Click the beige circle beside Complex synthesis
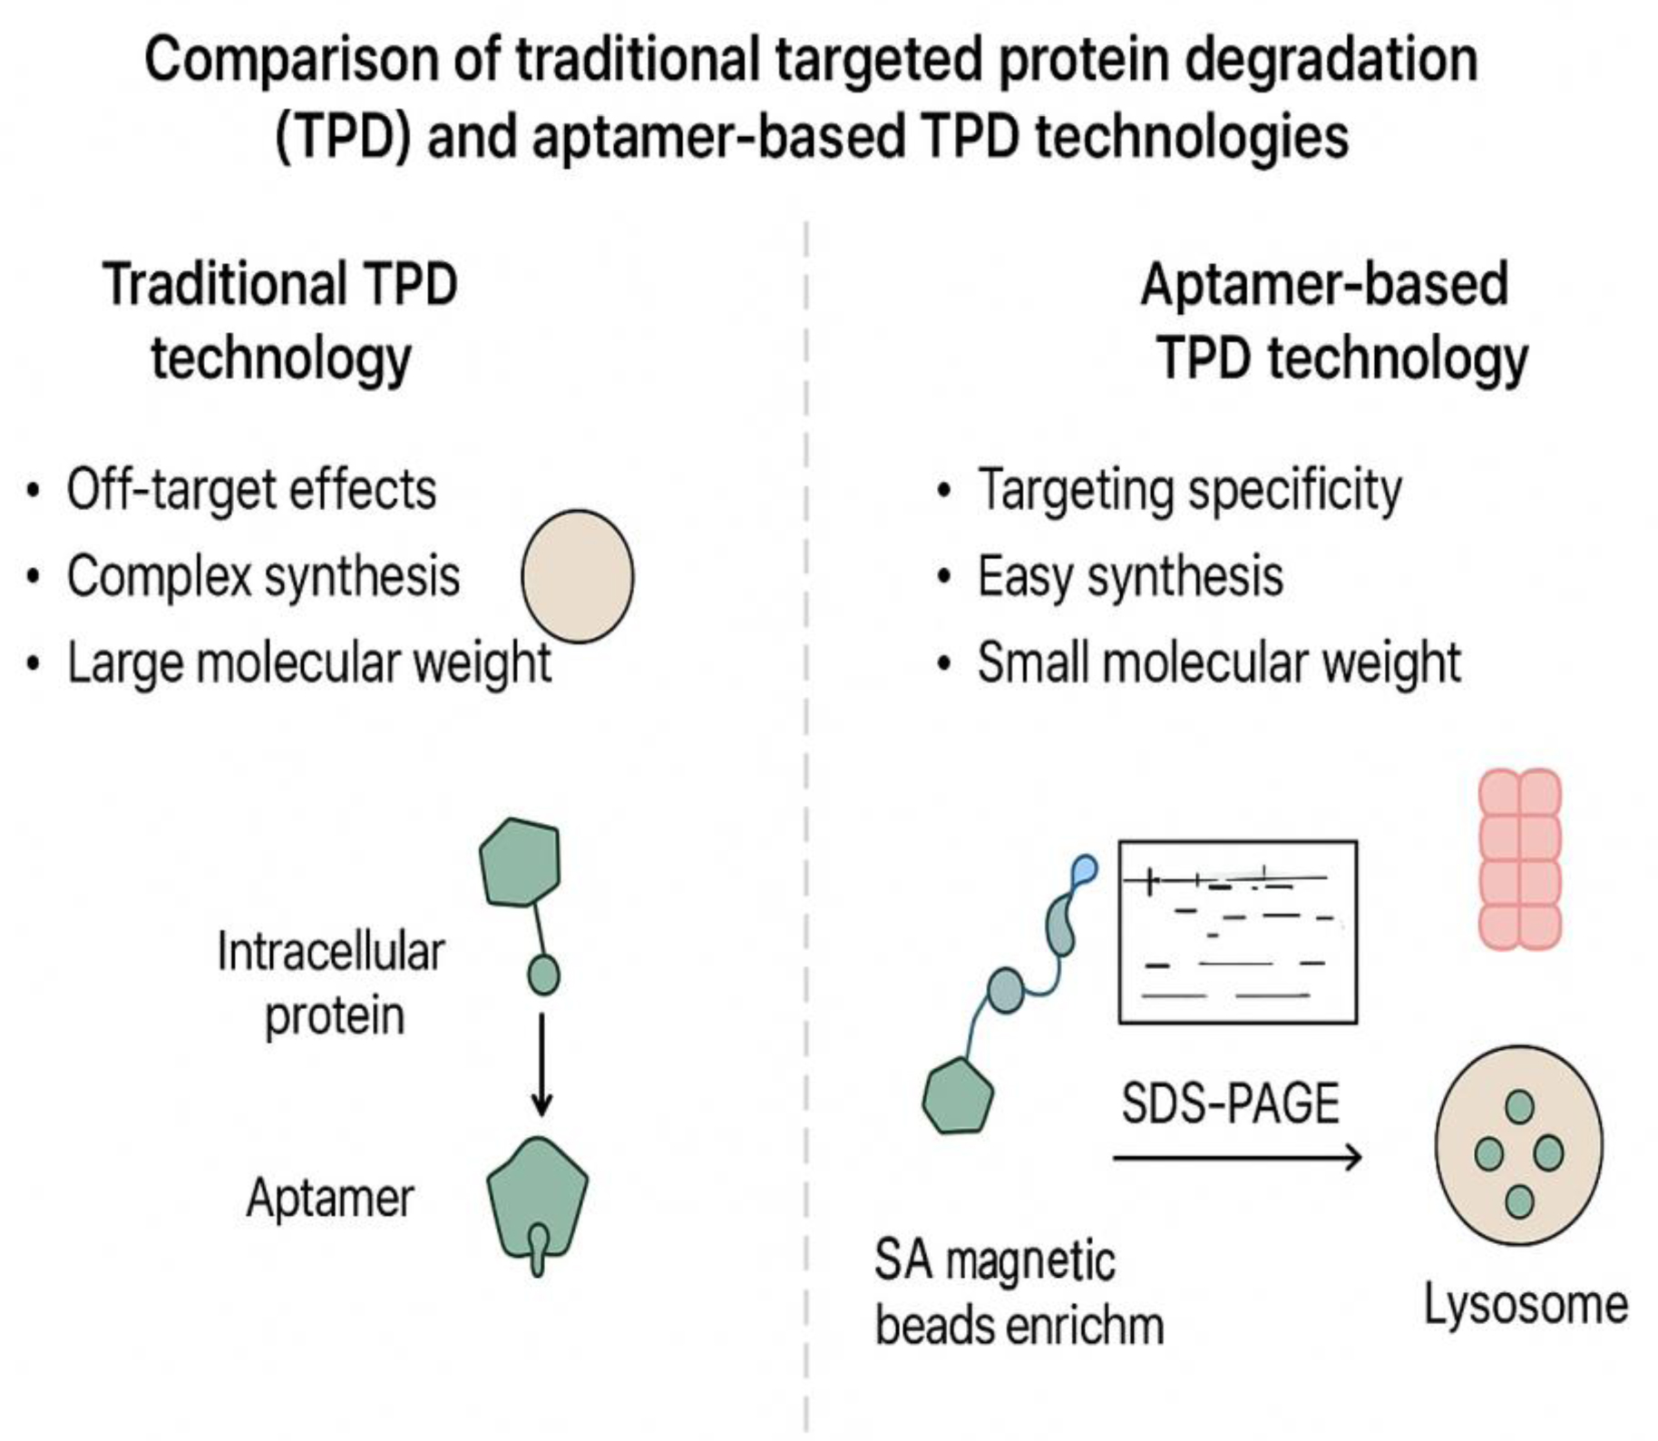click(578, 576)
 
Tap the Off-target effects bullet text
click(251, 490)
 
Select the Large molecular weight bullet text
click(309, 662)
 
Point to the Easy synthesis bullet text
click(1130, 577)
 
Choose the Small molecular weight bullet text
click(1219, 662)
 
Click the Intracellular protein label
click(332, 984)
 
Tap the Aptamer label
click(330, 1198)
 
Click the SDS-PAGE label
click(1230, 1103)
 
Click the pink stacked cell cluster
click(1520, 859)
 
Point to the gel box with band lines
click(1238, 932)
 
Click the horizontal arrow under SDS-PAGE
click(1237, 1157)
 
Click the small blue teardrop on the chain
click(1084, 870)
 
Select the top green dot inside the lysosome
click(1519, 1106)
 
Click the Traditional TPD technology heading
click(280, 320)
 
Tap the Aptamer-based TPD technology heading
click(1333, 320)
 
